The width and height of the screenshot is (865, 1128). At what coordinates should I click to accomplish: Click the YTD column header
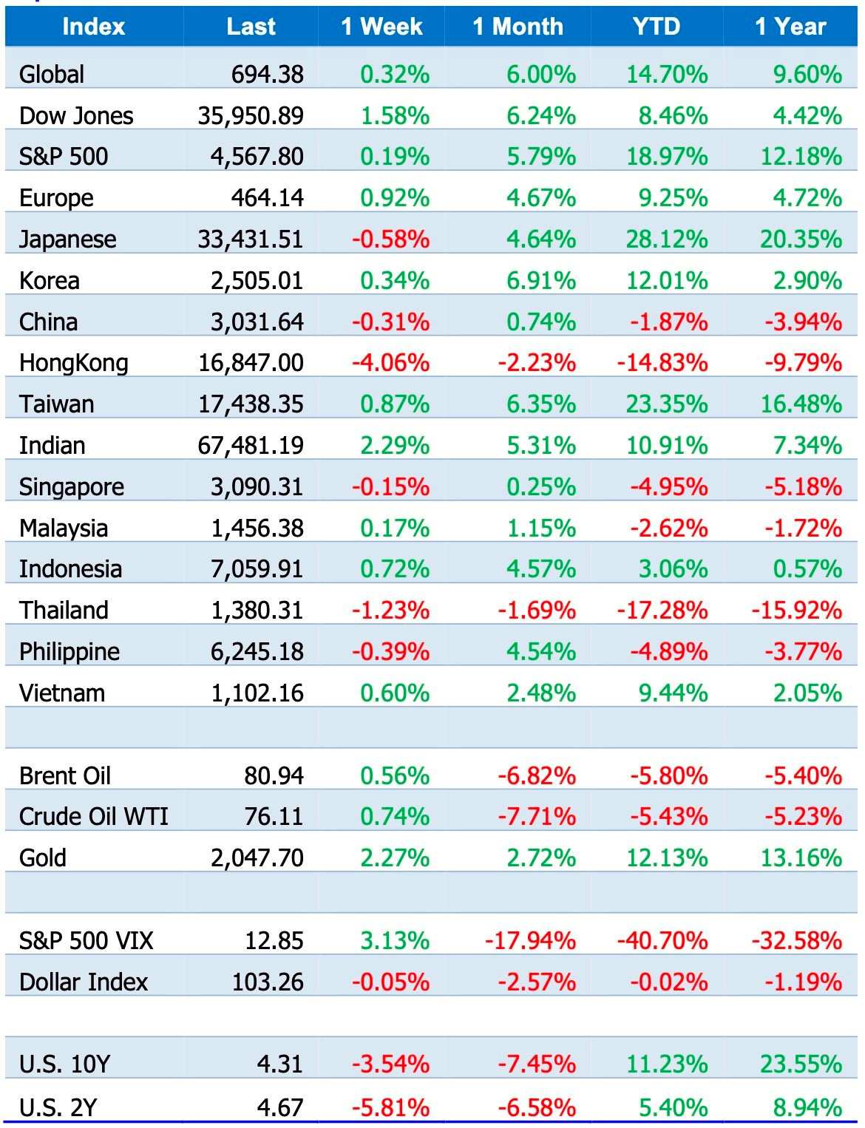click(x=656, y=27)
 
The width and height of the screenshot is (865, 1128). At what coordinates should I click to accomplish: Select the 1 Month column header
click(x=518, y=27)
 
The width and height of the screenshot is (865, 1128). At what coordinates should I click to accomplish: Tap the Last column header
click(x=251, y=27)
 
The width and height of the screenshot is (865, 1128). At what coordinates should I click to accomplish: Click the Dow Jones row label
click(x=76, y=116)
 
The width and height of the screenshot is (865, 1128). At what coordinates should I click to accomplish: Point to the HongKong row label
click(x=73, y=363)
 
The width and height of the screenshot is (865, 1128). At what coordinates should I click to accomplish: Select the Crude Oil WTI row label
click(x=94, y=817)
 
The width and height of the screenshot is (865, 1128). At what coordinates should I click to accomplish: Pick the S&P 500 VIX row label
click(x=86, y=941)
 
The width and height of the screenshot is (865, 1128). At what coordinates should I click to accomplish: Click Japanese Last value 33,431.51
click(x=251, y=239)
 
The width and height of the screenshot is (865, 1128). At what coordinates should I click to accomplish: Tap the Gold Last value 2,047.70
click(x=257, y=858)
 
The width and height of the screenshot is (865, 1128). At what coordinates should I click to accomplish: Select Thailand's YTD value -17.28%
click(x=662, y=611)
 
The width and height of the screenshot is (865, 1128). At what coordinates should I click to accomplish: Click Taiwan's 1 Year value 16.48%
click(x=801, y=404)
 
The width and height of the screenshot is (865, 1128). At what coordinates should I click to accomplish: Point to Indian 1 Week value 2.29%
click(x=395, y=446)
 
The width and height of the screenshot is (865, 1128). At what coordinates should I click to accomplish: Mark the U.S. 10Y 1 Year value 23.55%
click(x=801, y=1064)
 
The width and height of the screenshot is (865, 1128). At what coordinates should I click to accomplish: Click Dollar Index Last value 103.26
click(x=268, y=982)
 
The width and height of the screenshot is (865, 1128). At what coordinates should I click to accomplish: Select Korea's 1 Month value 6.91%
click(x=541, y=281)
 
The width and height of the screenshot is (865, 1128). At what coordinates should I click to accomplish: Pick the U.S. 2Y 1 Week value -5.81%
click(x=390, y=1108)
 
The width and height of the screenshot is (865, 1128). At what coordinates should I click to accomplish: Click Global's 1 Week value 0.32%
click(x=395, y=75)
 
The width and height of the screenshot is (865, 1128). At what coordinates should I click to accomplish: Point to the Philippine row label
click(x=69, y=652)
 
